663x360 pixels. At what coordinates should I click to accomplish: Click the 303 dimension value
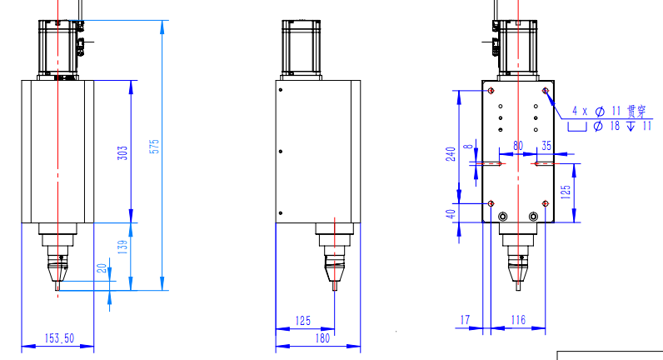tap(122, 152)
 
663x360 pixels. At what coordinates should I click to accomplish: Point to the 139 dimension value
tap(122, 247)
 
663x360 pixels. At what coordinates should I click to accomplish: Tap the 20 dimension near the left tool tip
tap(102, 268)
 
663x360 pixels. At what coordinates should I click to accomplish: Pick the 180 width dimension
tap(323, 337)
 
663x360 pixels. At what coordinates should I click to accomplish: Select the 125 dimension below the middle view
tap(302, 320)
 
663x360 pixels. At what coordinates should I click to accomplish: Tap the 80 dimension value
tap(518, 146)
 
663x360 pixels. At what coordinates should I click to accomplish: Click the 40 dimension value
tap(451, 214)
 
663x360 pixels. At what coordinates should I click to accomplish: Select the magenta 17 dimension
tap(465, 320)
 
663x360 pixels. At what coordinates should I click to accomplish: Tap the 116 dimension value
tap(518, 320)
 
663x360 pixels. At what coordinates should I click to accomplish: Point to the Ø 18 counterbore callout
tap(612, 126)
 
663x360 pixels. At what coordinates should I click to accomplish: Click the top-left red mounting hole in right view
tap(491, 89)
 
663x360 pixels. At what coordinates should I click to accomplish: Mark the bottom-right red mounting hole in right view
tap(545, 202)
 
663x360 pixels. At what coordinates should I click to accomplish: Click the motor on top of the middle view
tap(302, 47)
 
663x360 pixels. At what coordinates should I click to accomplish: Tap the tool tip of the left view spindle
tap(57, 287)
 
